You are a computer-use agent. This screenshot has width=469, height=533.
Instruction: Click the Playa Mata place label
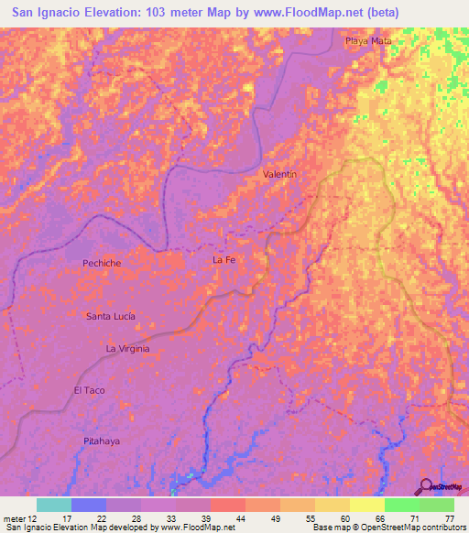[x=362, y=41]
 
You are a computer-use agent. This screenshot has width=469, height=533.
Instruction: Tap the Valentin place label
[x=279, y=173]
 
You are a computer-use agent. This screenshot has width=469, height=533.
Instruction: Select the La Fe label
[x=224, y=260]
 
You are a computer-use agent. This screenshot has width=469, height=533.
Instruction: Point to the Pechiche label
[x=102, y=263]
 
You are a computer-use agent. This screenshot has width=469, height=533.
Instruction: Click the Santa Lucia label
[x=110, y=316]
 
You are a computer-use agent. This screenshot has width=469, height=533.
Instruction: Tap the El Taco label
[x=90, y=390]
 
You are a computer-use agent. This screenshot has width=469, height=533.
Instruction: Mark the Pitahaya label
[x=102, y=441]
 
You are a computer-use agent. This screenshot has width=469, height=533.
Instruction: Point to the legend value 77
[x=449, y=518]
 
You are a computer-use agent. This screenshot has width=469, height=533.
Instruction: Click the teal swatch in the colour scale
[x=54, y=505]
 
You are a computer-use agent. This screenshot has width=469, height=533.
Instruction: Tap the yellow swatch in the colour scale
[x=366, y=505]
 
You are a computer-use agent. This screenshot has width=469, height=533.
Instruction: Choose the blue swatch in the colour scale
[x=89, y=505]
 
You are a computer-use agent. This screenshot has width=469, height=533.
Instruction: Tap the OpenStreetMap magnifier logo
[x=426, y=486]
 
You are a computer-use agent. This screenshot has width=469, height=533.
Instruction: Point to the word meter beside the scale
[x=14, y=518]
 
